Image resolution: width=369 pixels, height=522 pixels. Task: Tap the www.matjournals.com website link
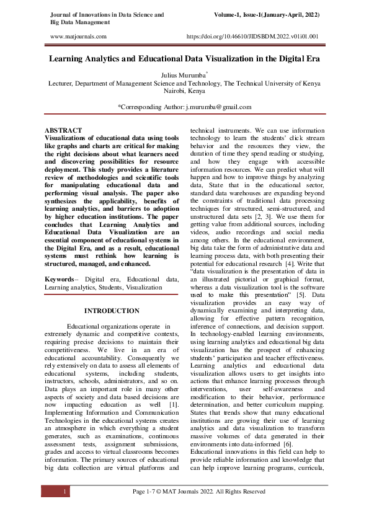pos(78,37)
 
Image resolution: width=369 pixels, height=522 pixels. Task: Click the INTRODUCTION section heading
pos(112,311)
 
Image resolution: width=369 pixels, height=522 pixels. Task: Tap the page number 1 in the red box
pos(65,492)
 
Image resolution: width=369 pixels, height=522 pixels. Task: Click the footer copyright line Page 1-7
pos(199,492)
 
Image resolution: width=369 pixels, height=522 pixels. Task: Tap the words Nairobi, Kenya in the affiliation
pos(184,90)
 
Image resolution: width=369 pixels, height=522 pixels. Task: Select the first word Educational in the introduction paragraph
pos(86,326)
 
